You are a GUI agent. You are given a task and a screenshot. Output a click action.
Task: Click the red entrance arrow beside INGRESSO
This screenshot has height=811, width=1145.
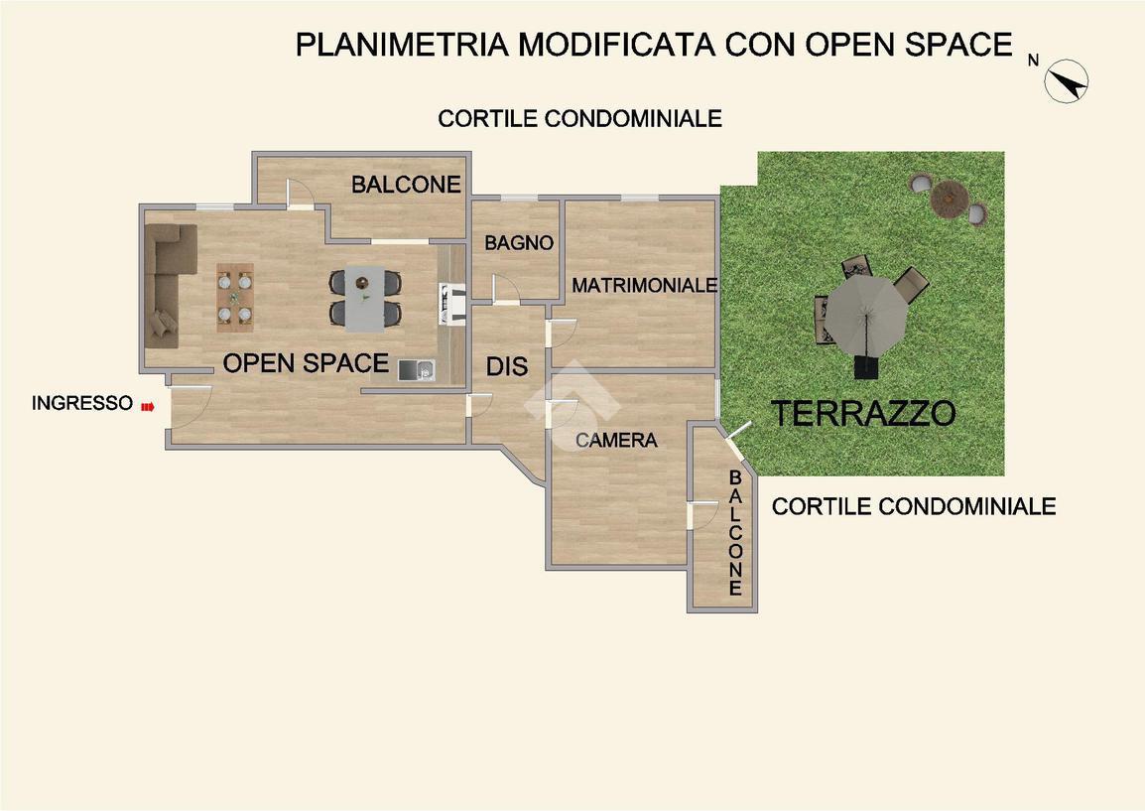[x=148, y=406]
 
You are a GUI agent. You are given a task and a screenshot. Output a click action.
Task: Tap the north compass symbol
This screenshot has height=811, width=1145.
[x=1067, y=81]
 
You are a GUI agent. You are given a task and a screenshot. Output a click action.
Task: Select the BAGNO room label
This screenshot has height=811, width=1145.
[x=519, y=242]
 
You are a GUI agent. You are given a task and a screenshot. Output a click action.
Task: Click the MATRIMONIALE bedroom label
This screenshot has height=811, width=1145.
[x=644, y=285]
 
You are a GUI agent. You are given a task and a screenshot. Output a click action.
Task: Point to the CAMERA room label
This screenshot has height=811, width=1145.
[x=616, y=440]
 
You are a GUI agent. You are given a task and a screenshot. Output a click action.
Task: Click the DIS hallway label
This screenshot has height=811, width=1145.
[x=507, y=366]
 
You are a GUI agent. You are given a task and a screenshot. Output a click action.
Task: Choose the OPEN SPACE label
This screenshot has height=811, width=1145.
[x=306, y=363]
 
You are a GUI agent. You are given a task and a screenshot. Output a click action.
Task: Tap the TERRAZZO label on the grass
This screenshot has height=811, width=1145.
[x=864, y=414]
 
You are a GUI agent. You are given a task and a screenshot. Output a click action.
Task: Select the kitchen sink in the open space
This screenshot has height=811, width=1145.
[x=417, y=370]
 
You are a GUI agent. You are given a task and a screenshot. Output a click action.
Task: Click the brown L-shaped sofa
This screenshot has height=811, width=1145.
[x=170, y=285]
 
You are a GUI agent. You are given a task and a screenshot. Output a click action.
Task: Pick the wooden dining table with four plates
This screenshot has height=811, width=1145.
[x=235, y=298]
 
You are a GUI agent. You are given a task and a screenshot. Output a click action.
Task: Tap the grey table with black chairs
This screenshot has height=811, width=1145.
[x=365, y=298]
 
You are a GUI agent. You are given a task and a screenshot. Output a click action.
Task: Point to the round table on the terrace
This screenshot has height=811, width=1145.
[x=949, y=198]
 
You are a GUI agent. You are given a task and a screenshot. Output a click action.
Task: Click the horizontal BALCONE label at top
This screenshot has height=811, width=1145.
[x=406, y=184]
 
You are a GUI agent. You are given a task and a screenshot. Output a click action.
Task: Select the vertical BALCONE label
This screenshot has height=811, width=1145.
[x=735, y=533]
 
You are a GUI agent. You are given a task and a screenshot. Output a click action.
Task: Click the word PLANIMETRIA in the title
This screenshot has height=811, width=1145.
[x=402, y=45]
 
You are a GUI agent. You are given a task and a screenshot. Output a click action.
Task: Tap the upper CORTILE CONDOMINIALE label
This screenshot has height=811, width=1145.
[x=579, y=118]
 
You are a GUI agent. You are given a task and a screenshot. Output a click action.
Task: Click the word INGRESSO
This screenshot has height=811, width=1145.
[x=82, y=403]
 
